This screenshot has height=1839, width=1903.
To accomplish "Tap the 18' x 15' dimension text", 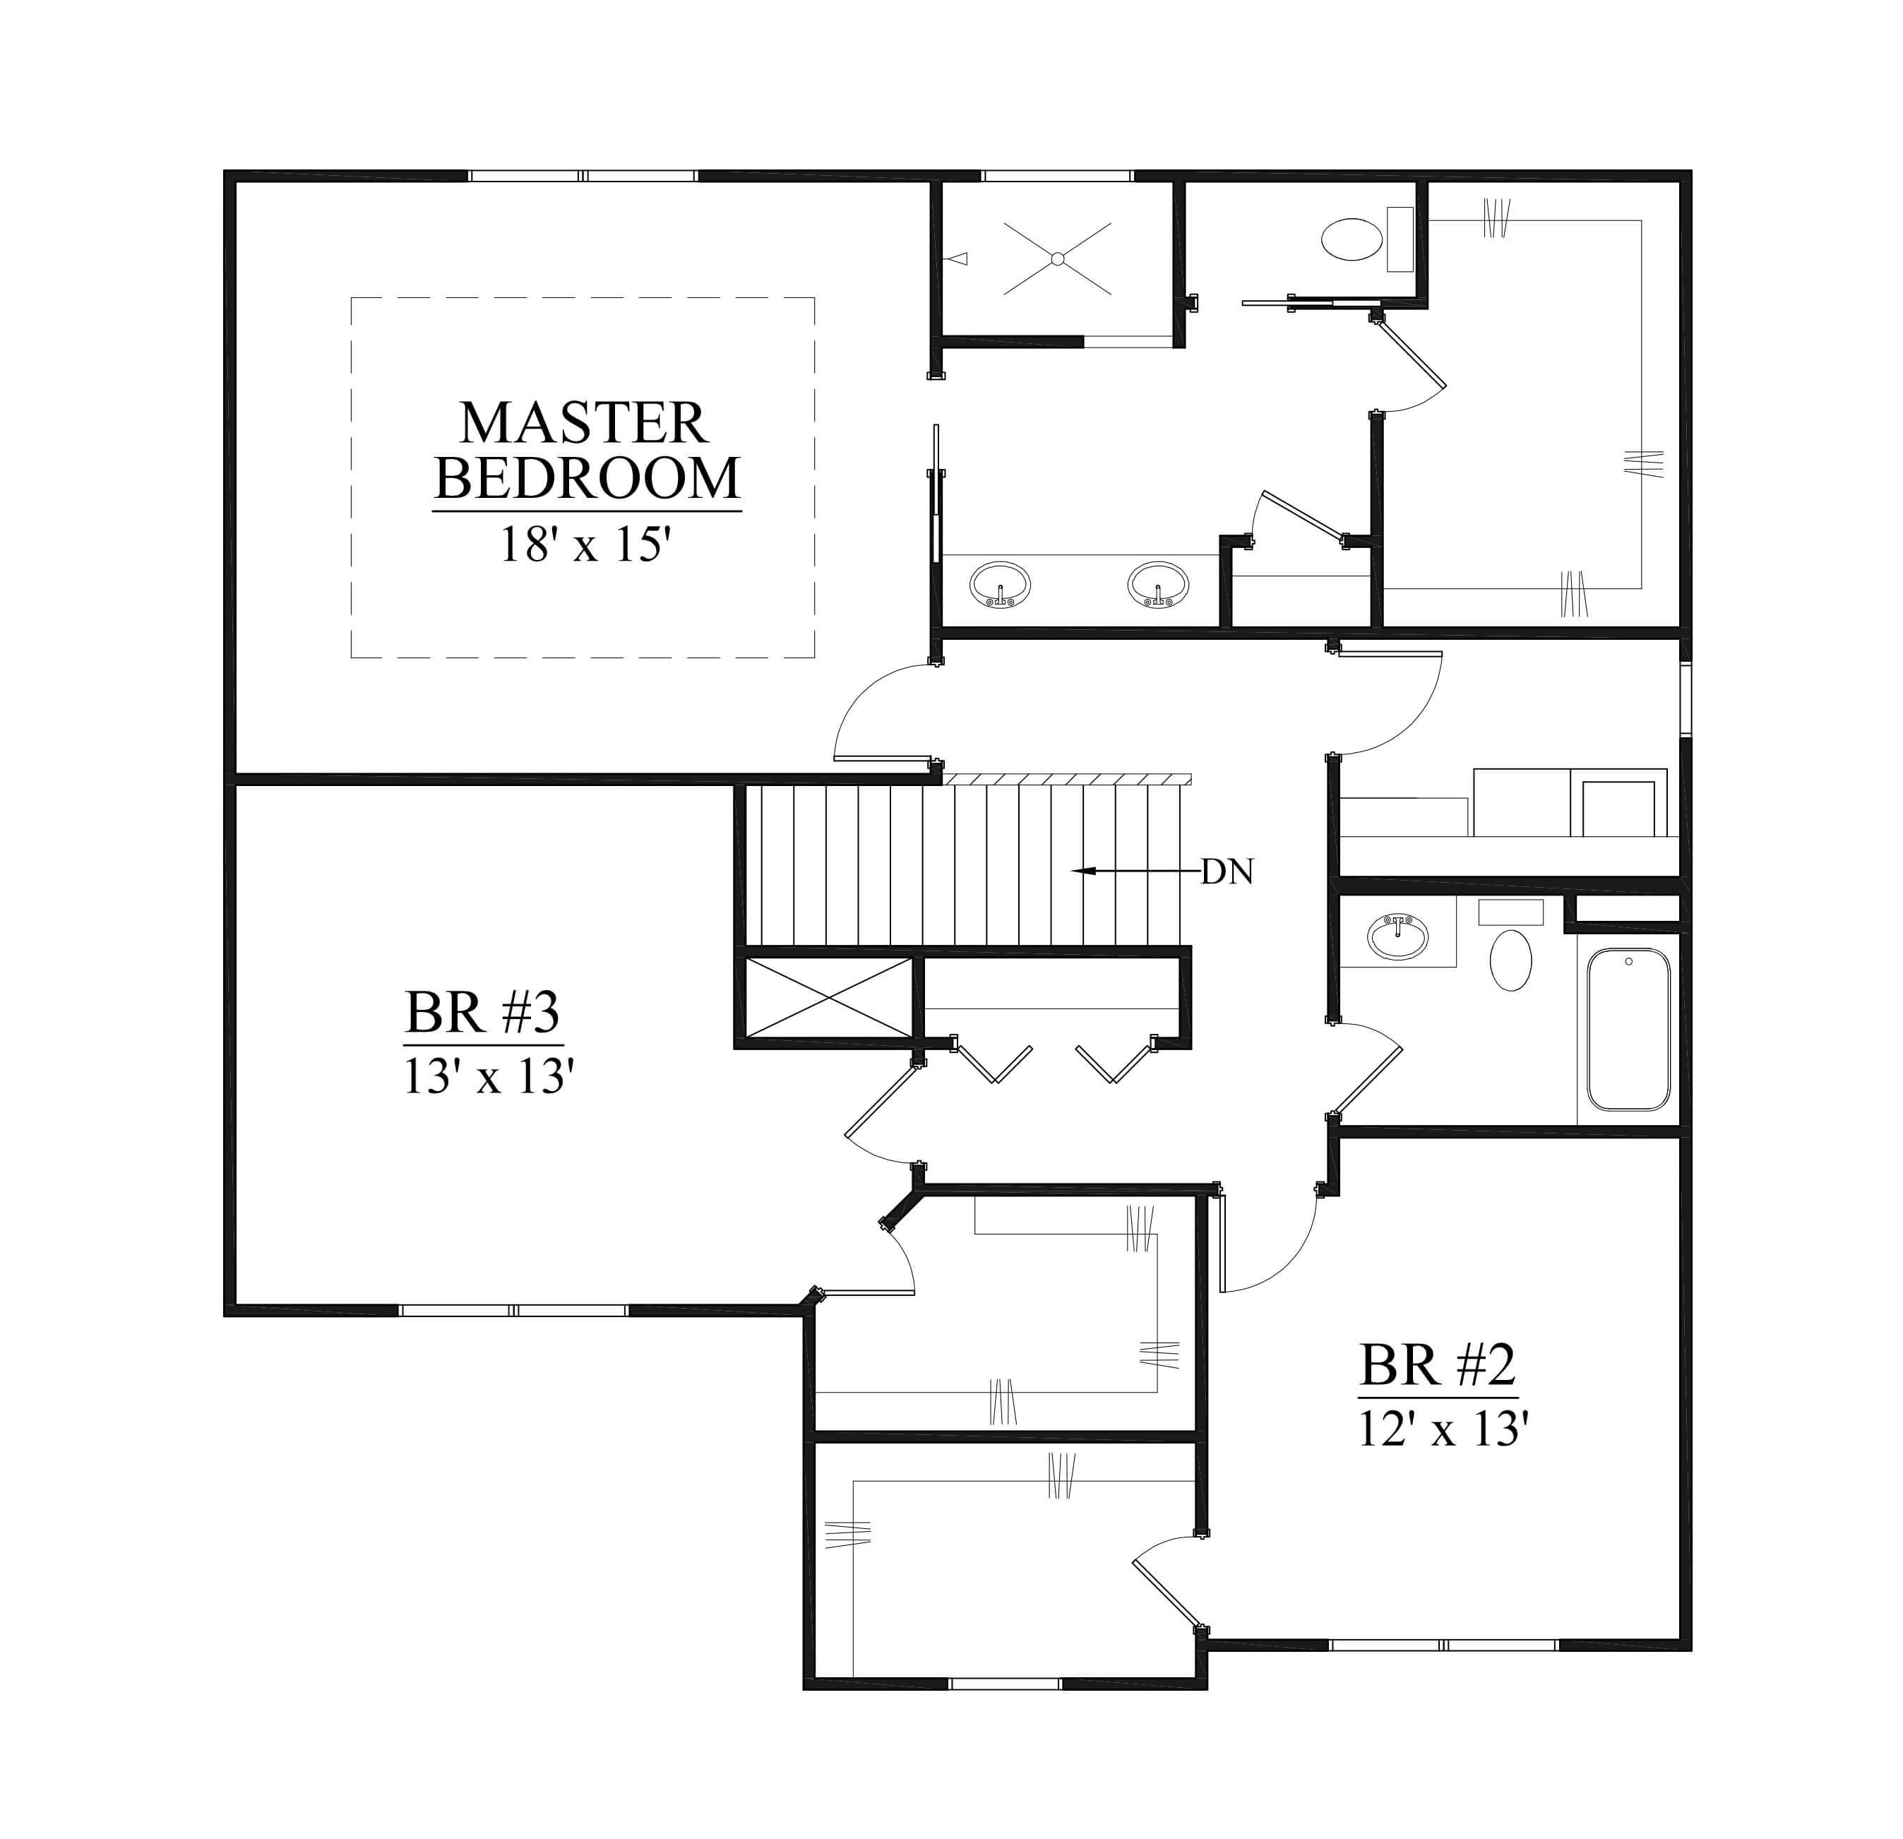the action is (585, 544).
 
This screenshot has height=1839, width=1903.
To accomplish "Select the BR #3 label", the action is (482, 1013).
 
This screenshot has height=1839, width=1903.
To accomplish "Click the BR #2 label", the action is (1437, 1365).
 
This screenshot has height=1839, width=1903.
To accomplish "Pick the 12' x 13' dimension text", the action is (1444, 1429).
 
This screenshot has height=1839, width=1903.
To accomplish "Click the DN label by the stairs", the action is (1227, 872).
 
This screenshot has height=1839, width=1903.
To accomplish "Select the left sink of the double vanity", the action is (1000, 585).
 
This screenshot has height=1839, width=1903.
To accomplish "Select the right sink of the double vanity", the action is (1157, 585).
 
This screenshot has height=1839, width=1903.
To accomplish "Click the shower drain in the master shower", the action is (1057, 258).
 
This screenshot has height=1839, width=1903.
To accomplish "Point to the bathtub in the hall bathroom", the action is (1629, 1029).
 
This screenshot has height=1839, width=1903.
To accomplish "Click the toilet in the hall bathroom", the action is (1511, 945).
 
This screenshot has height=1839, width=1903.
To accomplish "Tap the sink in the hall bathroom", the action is (1398, 937).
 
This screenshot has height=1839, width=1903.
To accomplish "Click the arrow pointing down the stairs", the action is (1136, 871).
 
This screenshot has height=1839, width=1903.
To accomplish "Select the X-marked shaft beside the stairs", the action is (828, 998).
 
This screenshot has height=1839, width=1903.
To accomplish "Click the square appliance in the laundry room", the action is (1618, 808).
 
